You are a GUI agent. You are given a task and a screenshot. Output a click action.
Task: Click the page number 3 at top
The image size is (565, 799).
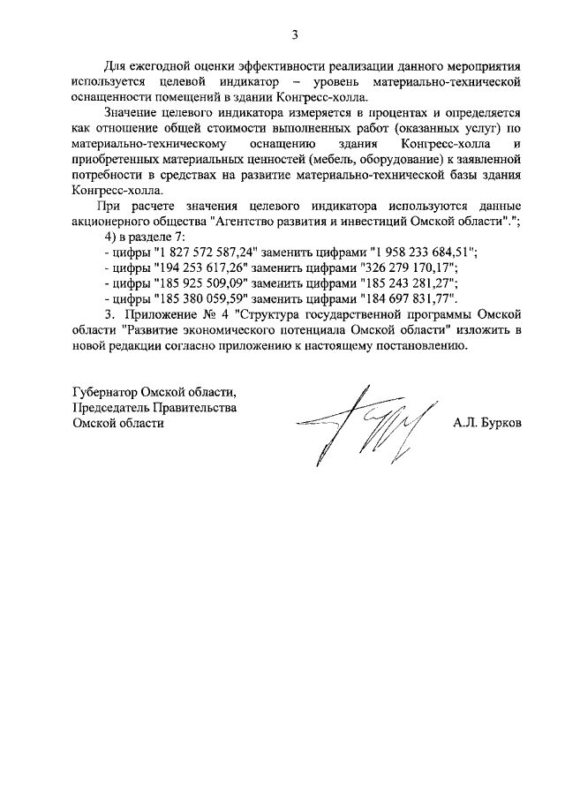pos(296,34)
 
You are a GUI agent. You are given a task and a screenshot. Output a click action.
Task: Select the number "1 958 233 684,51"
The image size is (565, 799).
pos(419,252)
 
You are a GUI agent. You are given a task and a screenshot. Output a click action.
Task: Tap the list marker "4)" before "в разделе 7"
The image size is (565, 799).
pos(109,237)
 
